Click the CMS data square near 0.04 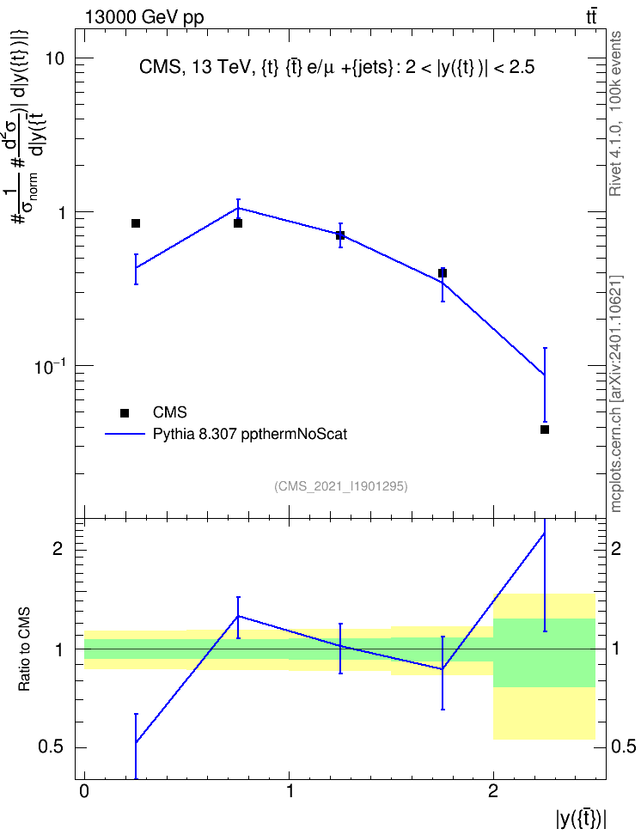point(545,430)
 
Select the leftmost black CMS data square point(136,223)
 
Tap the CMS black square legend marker point(125,412)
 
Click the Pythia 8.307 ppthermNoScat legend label point(250,434)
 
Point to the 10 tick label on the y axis point(54,58)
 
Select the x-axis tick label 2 point(493,791)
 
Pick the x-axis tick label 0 point(84,791)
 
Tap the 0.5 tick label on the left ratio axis point(51,747)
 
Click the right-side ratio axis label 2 point(616,548)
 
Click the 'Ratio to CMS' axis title point(25,649)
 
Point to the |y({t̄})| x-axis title point(582,819)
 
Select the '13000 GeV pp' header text point(143,17)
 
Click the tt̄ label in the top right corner point(591,17)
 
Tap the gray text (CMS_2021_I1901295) point(341,486)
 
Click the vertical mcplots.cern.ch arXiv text point(616,393)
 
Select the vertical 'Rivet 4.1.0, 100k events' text point(615,113)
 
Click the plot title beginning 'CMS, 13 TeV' point(337,67)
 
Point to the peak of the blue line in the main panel point(238,208)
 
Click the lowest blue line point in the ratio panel point(136,742)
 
